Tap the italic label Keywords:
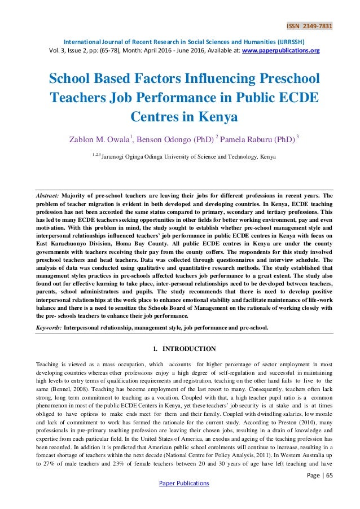point(48,327)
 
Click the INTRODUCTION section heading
point(186,349)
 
